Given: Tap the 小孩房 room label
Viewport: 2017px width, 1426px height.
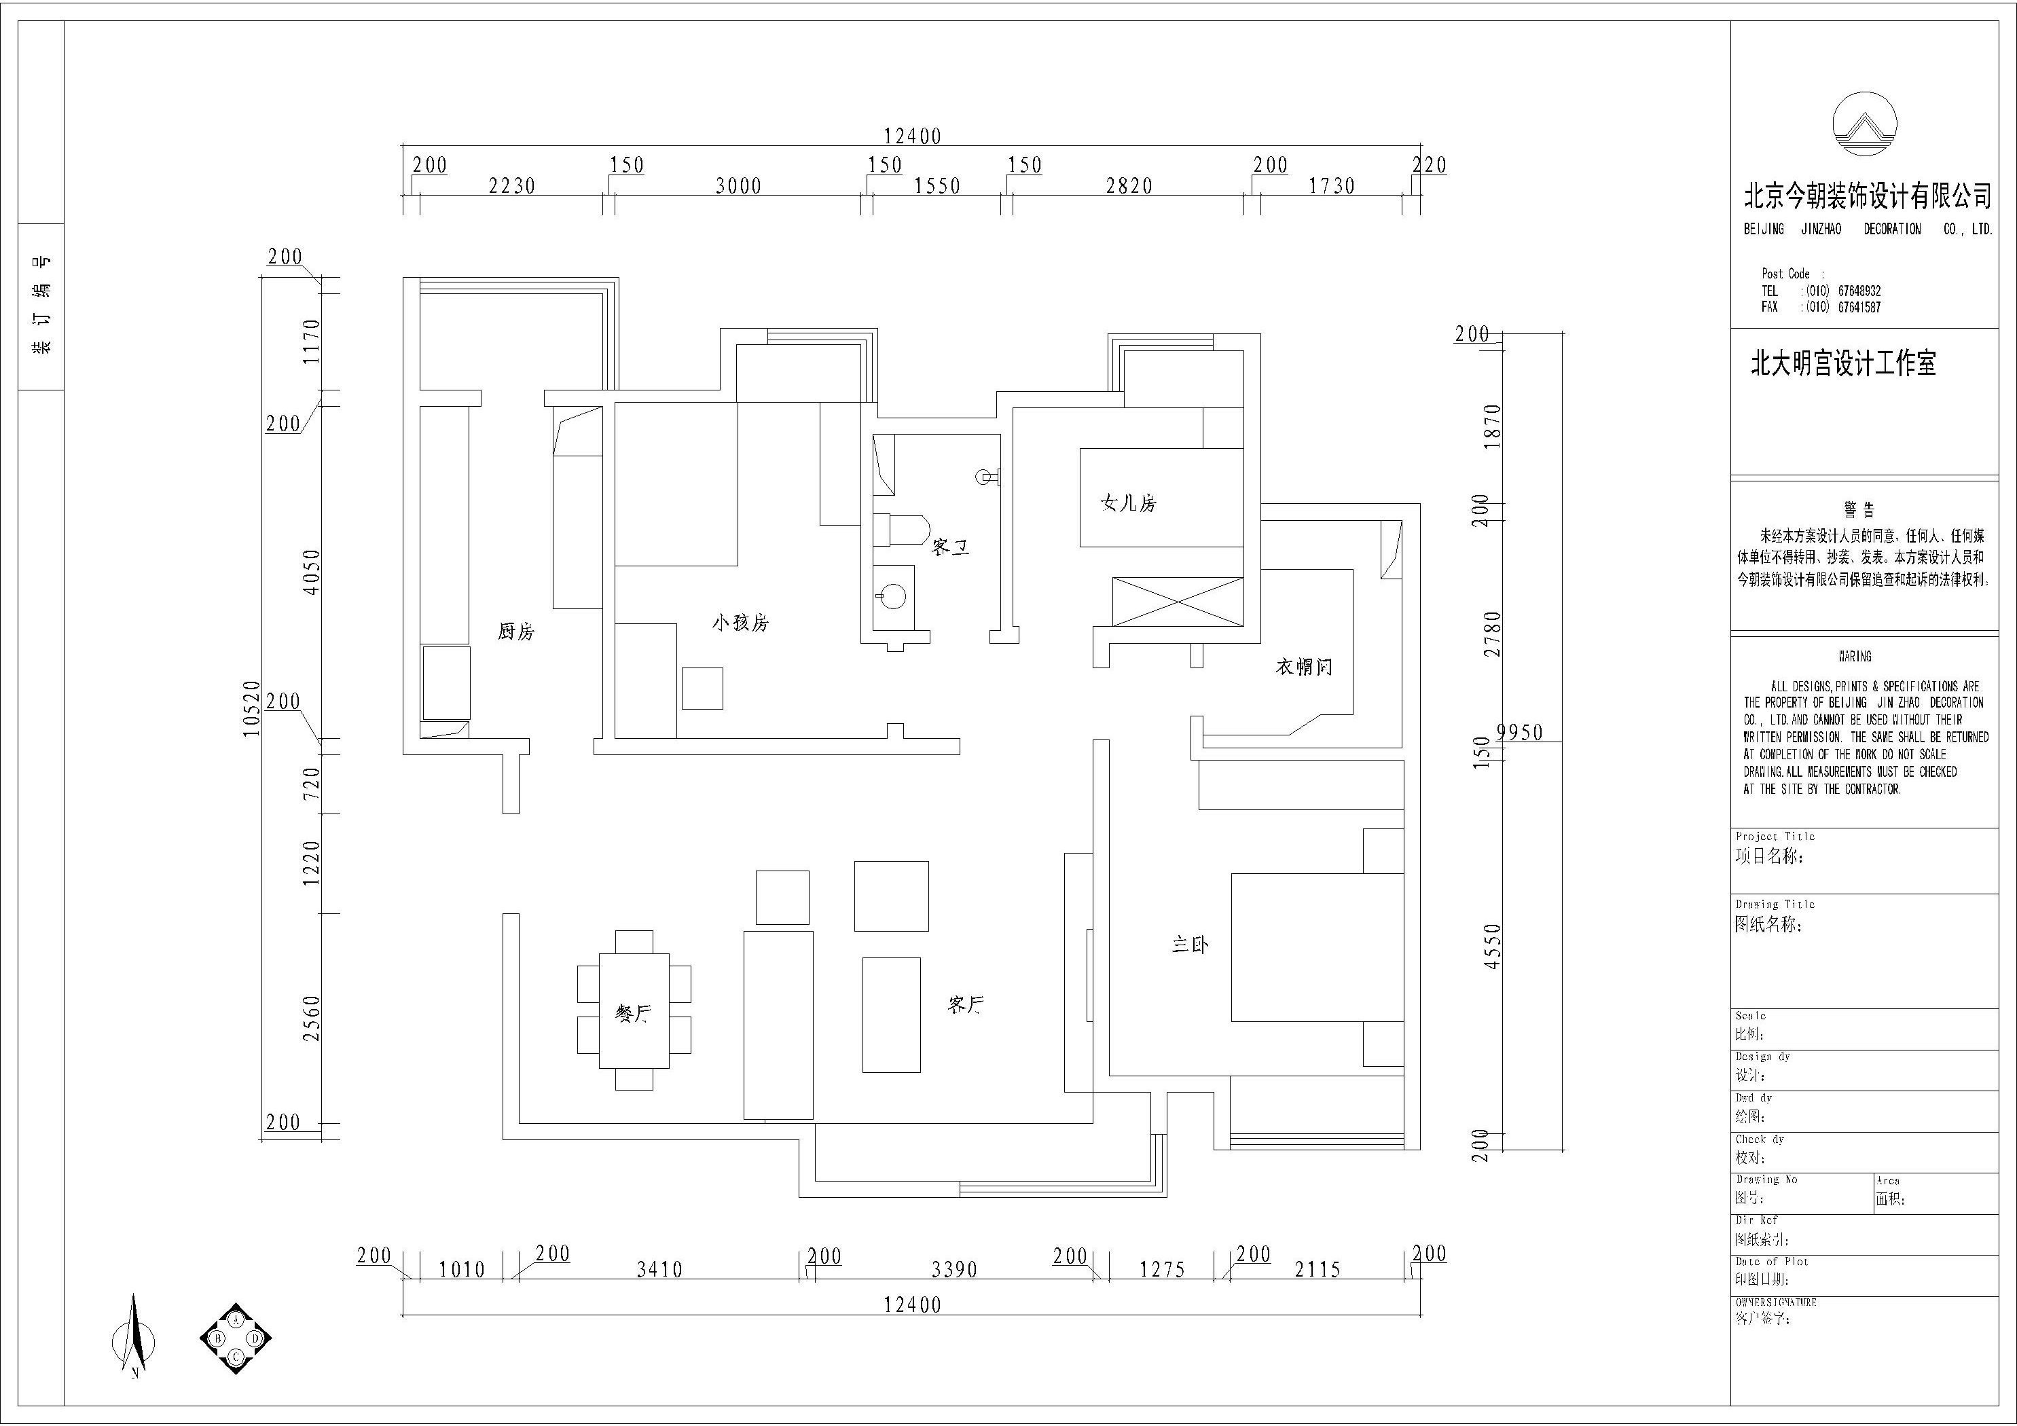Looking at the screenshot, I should pos(740,623).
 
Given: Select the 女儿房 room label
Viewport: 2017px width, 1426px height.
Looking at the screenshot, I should pos(1129,503).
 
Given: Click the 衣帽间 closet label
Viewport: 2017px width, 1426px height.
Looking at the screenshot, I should pos(1304,667).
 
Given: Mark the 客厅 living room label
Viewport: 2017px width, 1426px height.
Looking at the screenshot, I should pos(966,1005).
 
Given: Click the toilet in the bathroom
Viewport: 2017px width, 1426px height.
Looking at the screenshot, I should pos(901,530).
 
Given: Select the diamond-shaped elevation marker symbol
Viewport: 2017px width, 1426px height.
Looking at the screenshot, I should pos(236,1338).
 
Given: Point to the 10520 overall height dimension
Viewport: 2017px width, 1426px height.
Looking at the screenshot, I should pos(252,708).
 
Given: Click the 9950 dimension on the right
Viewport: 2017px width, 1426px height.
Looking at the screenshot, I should pos(1519,732).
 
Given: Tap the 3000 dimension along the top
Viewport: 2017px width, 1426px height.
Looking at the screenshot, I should pos(738,186).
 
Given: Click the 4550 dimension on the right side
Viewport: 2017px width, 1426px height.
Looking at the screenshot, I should pos(1491,947).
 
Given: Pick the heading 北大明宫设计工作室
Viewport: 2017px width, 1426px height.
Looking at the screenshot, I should pos(1843,363).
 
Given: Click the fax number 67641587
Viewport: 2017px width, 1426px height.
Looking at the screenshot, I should pos(1859,307).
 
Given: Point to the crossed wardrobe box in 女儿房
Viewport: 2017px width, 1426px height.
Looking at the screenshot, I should pos(1177,601).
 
